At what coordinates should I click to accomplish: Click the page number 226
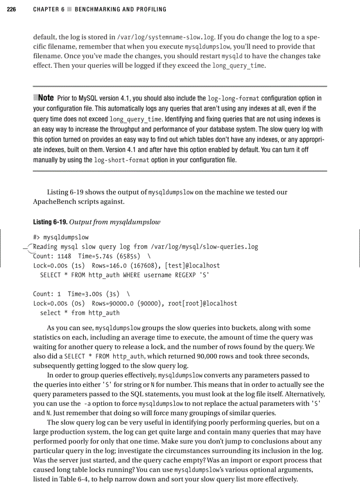pos(11,9)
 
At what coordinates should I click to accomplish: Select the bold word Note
pos(46,97)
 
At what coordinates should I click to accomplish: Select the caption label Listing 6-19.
pos(48,221)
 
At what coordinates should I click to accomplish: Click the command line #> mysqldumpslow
pos(61,237)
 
